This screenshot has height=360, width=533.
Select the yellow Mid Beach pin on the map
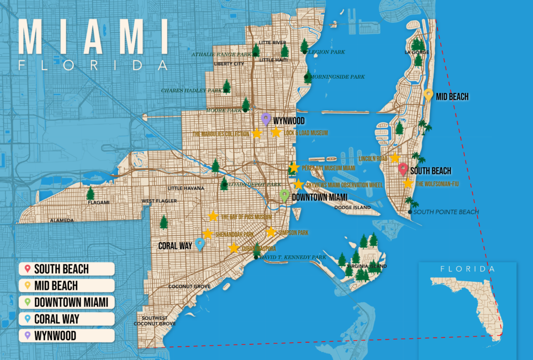point(428,95)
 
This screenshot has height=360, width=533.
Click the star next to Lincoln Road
point(395,158)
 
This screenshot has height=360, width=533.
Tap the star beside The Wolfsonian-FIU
point(408,183)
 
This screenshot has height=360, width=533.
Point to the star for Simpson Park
point(271,232)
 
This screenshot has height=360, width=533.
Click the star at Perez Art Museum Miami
point(294,168)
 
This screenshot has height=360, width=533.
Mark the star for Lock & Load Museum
point(276,132)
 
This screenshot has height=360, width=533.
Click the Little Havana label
point(186,188)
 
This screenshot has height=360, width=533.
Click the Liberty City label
point(229,64)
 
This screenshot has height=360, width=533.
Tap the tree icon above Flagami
point(91,193)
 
